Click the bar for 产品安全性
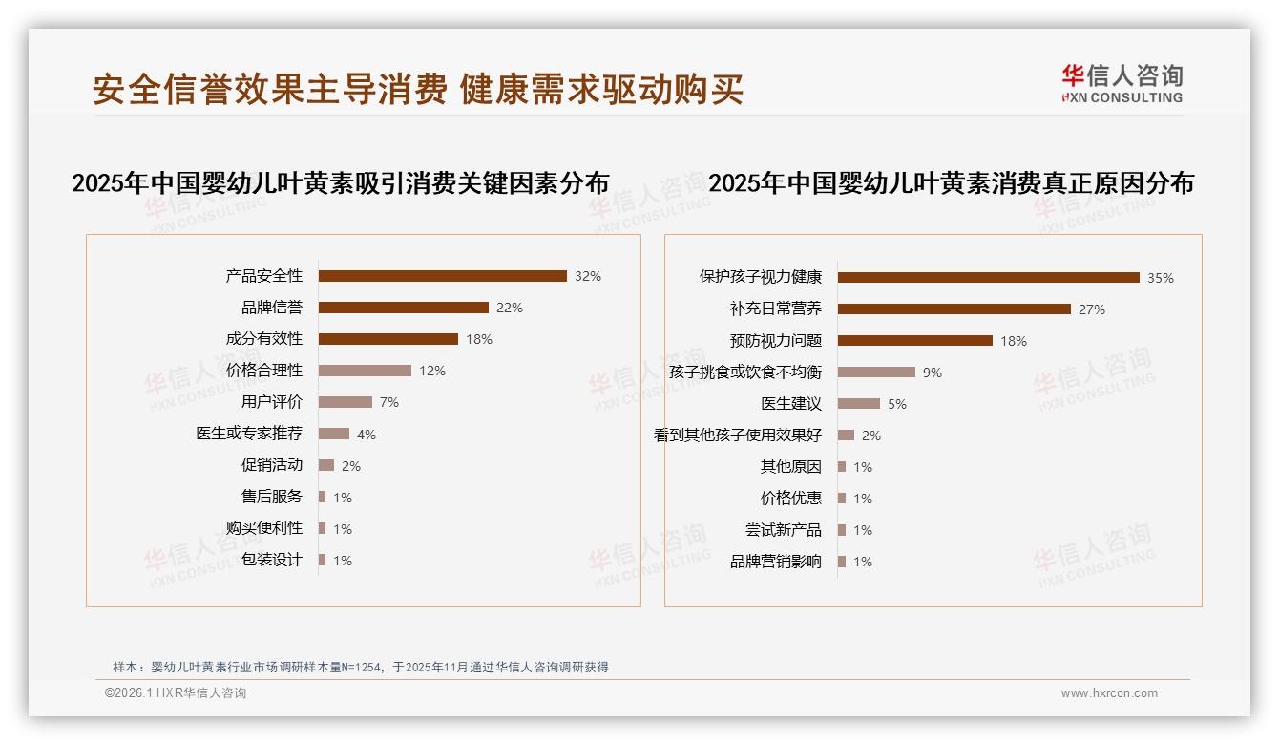(442, 276)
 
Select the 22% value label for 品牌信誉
(509, 308)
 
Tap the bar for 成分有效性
(388, 339)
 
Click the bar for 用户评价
(345, 402)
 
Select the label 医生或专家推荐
(248, 434)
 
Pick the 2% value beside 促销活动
(350, 466)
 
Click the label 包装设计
(271, 560)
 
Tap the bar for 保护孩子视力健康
(988, 278)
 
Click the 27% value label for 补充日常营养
(1091, 309)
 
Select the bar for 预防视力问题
(914, 341)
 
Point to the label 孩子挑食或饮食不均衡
(744, 372)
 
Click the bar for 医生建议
(858, 404)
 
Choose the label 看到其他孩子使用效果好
(737, 436)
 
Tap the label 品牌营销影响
(775, 562)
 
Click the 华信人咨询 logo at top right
(1122, 83)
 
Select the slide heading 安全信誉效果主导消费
(269, 89)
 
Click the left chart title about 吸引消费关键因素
(340, 183)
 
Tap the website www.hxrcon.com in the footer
(1109, 693)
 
